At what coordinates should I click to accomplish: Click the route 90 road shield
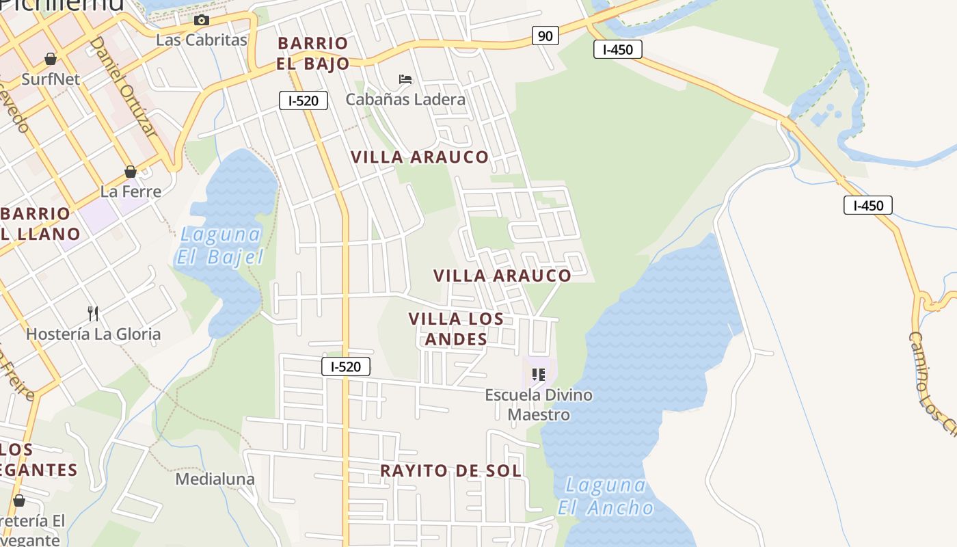tap(545, 36)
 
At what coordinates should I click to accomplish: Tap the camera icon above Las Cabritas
tap(201, 21)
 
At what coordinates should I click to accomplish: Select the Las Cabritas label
tap(201, 40)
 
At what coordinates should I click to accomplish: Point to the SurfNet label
tap(51, 79)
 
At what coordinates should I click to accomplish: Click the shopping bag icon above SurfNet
tap(50, 59)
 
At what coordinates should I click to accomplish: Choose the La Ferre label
tap(131, 191)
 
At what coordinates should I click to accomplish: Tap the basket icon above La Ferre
tap(131, 172)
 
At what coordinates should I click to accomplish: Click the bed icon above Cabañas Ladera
tap(405, 79)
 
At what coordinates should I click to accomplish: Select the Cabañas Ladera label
tap(405, 99)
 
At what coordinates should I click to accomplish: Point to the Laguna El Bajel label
tap(220, 245)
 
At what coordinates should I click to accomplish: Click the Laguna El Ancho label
tap(606, 496)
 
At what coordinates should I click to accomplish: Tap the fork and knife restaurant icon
tap(93, 314)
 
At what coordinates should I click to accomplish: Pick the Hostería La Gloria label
tap(94, 334)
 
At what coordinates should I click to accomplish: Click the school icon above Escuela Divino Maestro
tap(539, 375)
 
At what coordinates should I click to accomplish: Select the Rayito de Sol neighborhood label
tap(450, 470)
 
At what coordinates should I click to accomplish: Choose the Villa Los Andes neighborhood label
tap(456, 328)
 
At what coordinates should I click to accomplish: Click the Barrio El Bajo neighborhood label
tap(313, 53)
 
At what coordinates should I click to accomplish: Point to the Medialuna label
tap(215, 479)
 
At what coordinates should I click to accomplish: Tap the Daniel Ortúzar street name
tap(123, 87)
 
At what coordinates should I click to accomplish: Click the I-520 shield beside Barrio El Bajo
tap(304, 101)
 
